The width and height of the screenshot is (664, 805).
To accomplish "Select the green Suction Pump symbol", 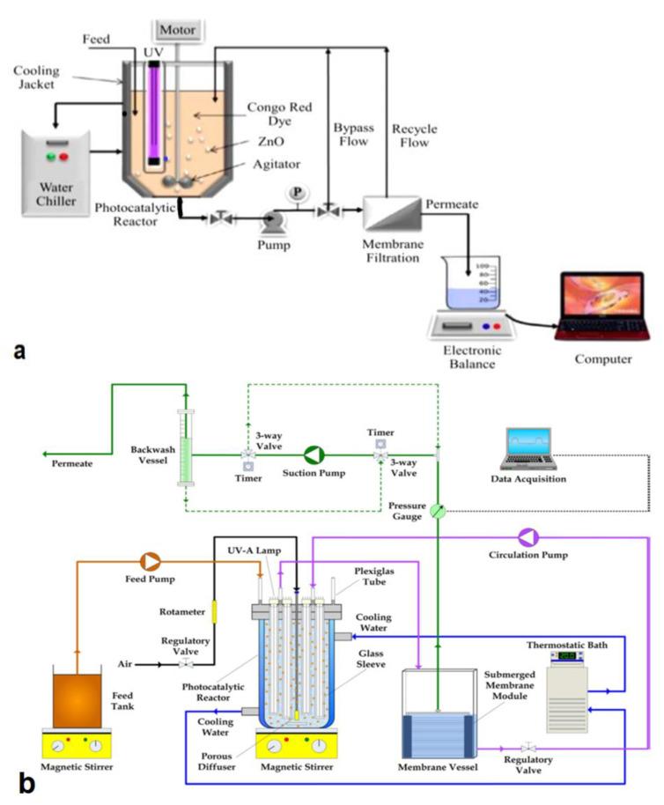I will pyautogui.click(x=314, y=454).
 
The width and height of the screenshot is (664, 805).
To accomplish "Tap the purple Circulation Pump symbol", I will pyautogui.click(x=528, y=537).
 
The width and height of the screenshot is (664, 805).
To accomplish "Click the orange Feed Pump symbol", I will pyautogui.click(x=151, y=560).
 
